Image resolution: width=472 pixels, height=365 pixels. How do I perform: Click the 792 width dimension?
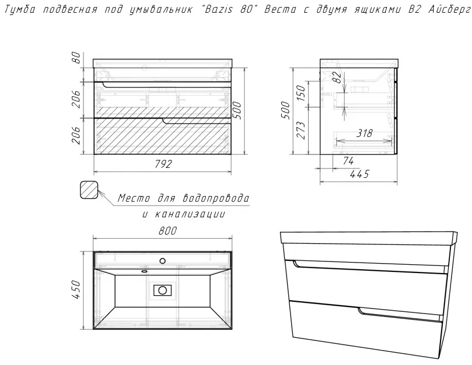pos(163,164)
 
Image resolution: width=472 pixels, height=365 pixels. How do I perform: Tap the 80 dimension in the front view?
pos(77,58)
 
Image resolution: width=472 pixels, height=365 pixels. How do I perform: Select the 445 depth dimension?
pos(360,174)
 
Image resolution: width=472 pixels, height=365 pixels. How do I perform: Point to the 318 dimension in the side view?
pos(365,133)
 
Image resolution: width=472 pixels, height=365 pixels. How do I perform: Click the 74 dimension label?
pos(347,161)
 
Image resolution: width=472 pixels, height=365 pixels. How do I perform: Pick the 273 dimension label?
pos(301,130)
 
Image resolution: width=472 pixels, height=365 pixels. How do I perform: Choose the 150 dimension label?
pos(301,93)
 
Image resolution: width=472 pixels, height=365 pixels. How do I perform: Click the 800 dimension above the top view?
pos(167,231)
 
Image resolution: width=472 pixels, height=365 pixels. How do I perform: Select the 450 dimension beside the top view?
pos(77,290)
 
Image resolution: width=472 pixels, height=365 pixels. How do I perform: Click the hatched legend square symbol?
pos(90,190)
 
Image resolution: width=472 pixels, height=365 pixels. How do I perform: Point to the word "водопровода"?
pos(216,198)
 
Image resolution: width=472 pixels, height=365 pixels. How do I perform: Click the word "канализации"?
pos(190,214)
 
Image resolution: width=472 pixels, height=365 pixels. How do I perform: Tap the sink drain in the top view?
pos(163,290)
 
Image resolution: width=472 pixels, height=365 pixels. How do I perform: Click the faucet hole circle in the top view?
pos(163,261)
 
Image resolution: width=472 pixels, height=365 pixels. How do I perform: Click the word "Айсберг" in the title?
pos(449,9)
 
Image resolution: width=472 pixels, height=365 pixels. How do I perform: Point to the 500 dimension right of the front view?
pos(237,111)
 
